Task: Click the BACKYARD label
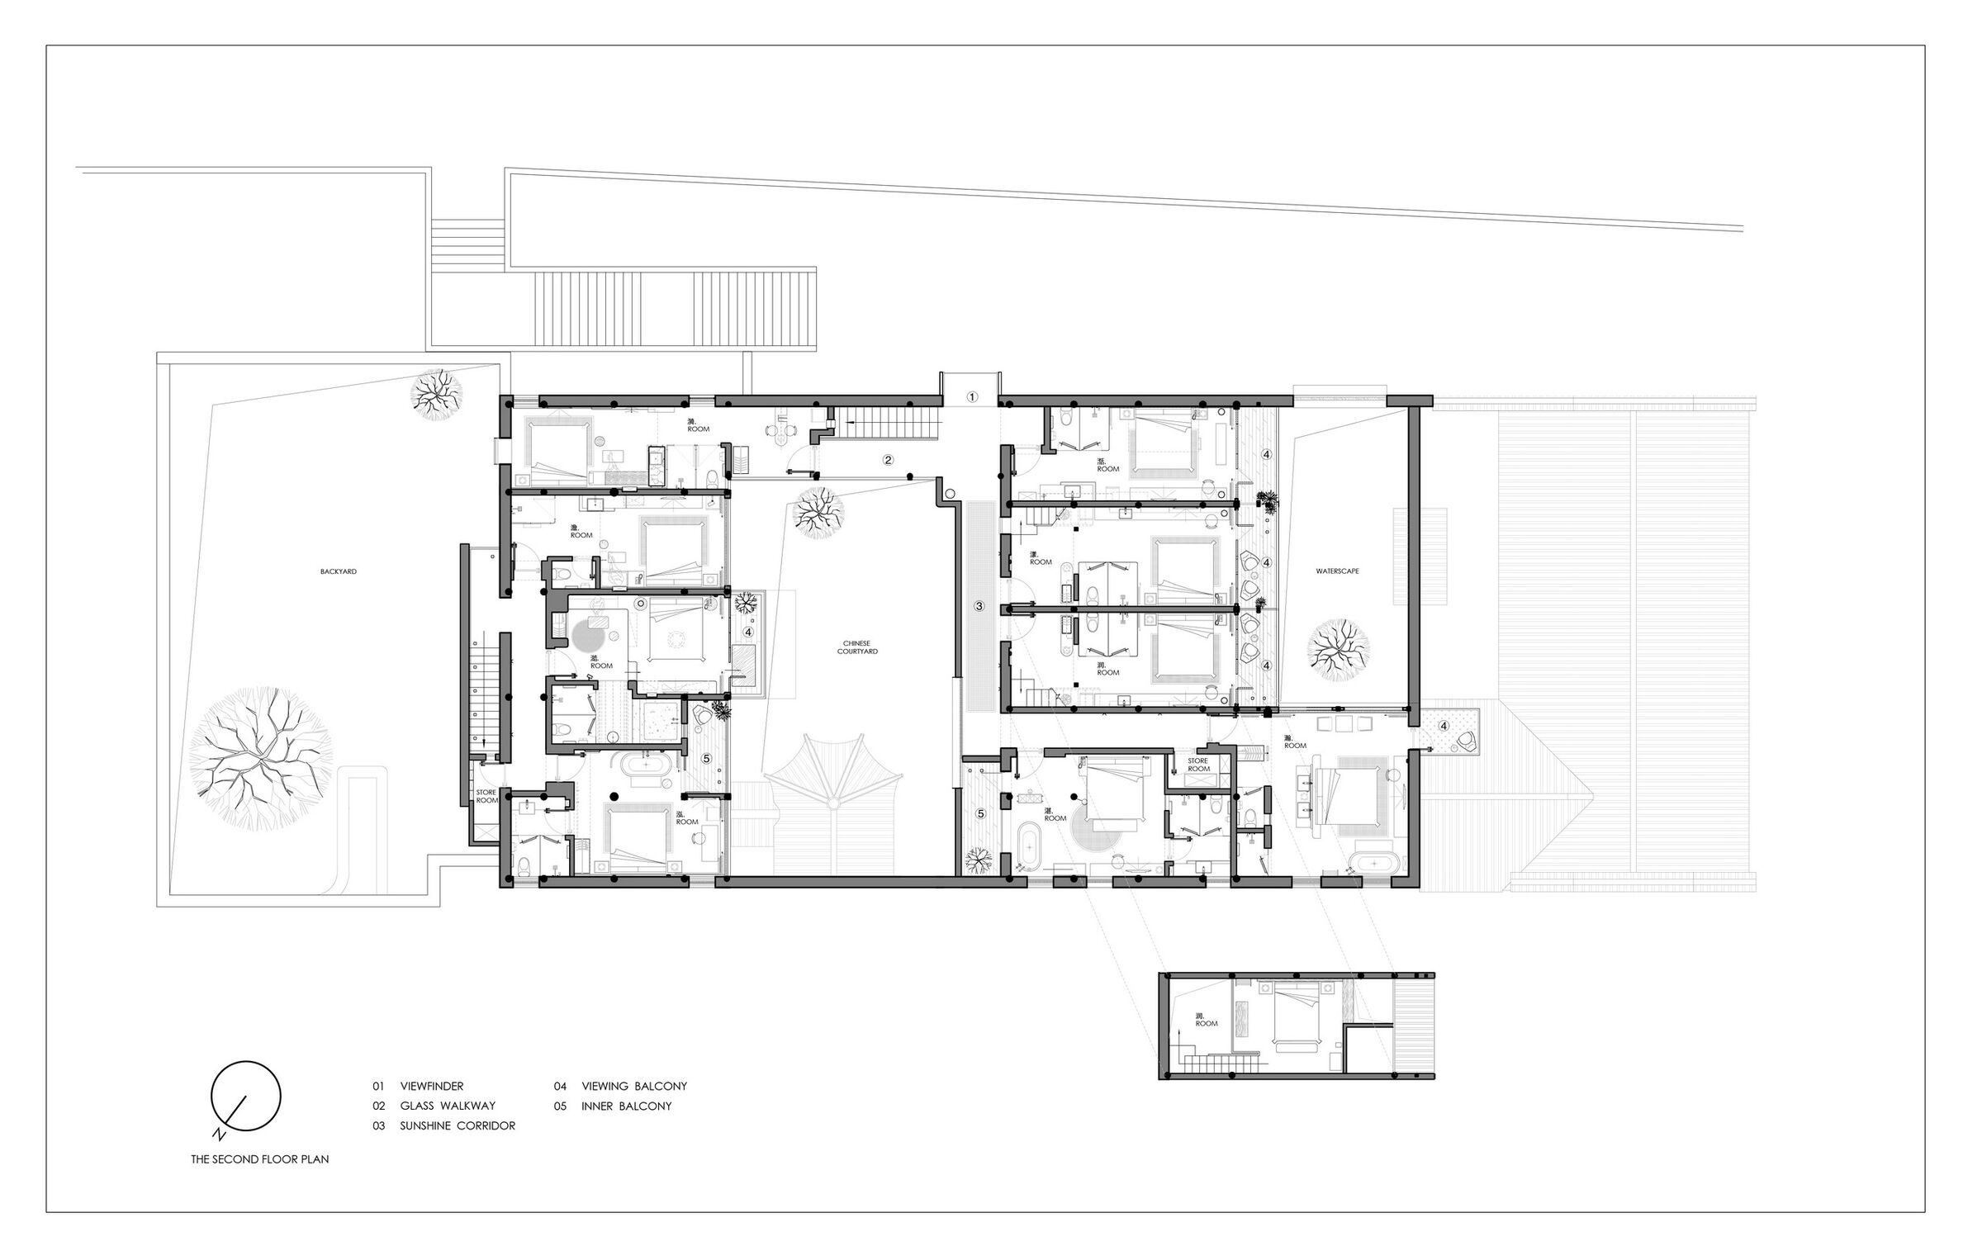click(339, 571)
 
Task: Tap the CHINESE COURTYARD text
click(857, 647)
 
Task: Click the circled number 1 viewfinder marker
click(972, 397)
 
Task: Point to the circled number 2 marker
click(888, 461)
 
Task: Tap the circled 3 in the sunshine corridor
click(979, 606)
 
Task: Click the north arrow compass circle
click(245, 1096)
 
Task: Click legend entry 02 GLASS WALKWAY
click(434, 1106)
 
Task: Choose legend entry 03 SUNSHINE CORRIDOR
click(443, 1125)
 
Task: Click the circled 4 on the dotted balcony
click(1444, 726)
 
